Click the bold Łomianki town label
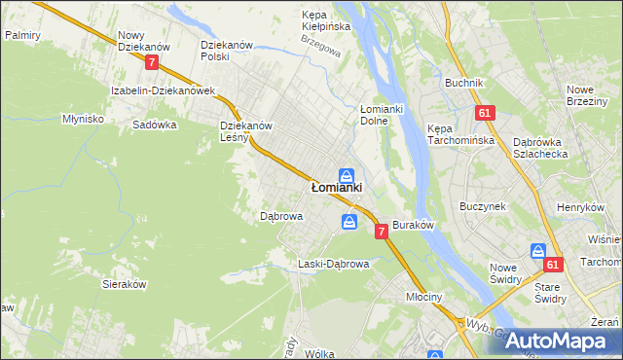pos(336,187)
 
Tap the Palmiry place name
pos(21,34)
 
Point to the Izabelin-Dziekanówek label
pos(163,90)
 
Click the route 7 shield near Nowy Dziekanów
pos(152,62)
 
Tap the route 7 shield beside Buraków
pos(381,231)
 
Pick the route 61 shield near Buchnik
pos(484,114)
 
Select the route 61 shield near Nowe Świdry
pos(553,265)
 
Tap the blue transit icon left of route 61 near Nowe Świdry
pos(536,251)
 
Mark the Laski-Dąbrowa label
pos(333,264)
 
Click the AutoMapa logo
pos(555,341)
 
